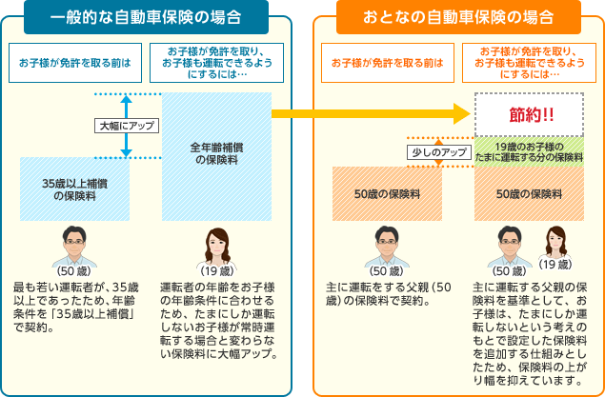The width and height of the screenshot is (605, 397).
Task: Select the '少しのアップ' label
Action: (x=438, y=152)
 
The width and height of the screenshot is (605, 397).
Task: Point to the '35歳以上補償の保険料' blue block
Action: (x=74, y=189)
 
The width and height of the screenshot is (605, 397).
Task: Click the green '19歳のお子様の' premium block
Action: (x=529, y=151)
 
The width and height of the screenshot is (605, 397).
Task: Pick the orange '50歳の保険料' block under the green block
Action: (x=529, y=193)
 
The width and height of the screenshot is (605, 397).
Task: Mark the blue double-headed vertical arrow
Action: (x=128, y=125)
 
